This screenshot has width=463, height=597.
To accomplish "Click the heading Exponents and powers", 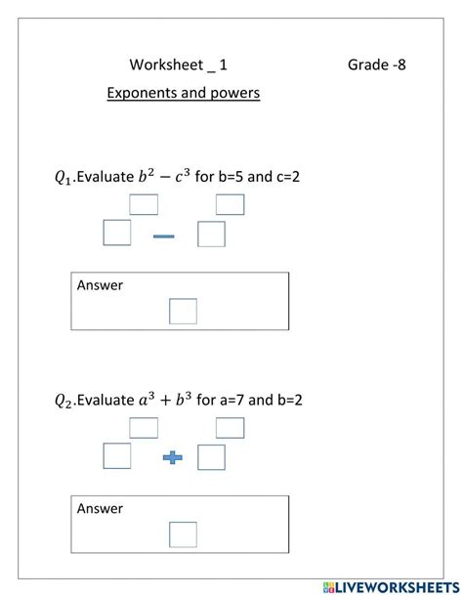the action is pyautogui.click(x=183, y=94).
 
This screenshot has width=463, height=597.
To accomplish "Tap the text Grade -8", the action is pyautogui.click(x=376, y=65).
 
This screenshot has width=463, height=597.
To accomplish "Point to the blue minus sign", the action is pyautogui.click(x=164, y=235).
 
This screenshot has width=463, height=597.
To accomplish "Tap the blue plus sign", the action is pyautogui.click(x=173, y=457).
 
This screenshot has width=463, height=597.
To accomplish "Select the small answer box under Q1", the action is pyautogui.click(x=183, y=311).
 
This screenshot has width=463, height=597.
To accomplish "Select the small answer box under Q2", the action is pyautogui.click(x=183, y=534).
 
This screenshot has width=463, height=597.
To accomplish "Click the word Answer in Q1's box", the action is pyautogui.click(x=101, y=285).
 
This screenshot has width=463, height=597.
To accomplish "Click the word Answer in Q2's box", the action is pyautogui.click(x=101, y=508).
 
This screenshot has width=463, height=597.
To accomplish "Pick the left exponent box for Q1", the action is pyautogui.click(x=144, y=204).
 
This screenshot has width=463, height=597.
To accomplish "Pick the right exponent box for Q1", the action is pyautogui.click(x=230, y=204).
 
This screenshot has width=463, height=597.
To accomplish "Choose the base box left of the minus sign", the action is pyautogui.click(x=117, y=234).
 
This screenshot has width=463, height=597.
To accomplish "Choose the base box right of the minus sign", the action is pyautogui.click(x=211, y=235).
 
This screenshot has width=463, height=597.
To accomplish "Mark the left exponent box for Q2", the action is pyautogui.click(x=144, y=428).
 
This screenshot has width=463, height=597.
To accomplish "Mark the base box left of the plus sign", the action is pyautogui.click(x=117, y=456).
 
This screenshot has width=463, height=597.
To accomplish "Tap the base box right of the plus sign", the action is pyautogui.click(x=211, y=457).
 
